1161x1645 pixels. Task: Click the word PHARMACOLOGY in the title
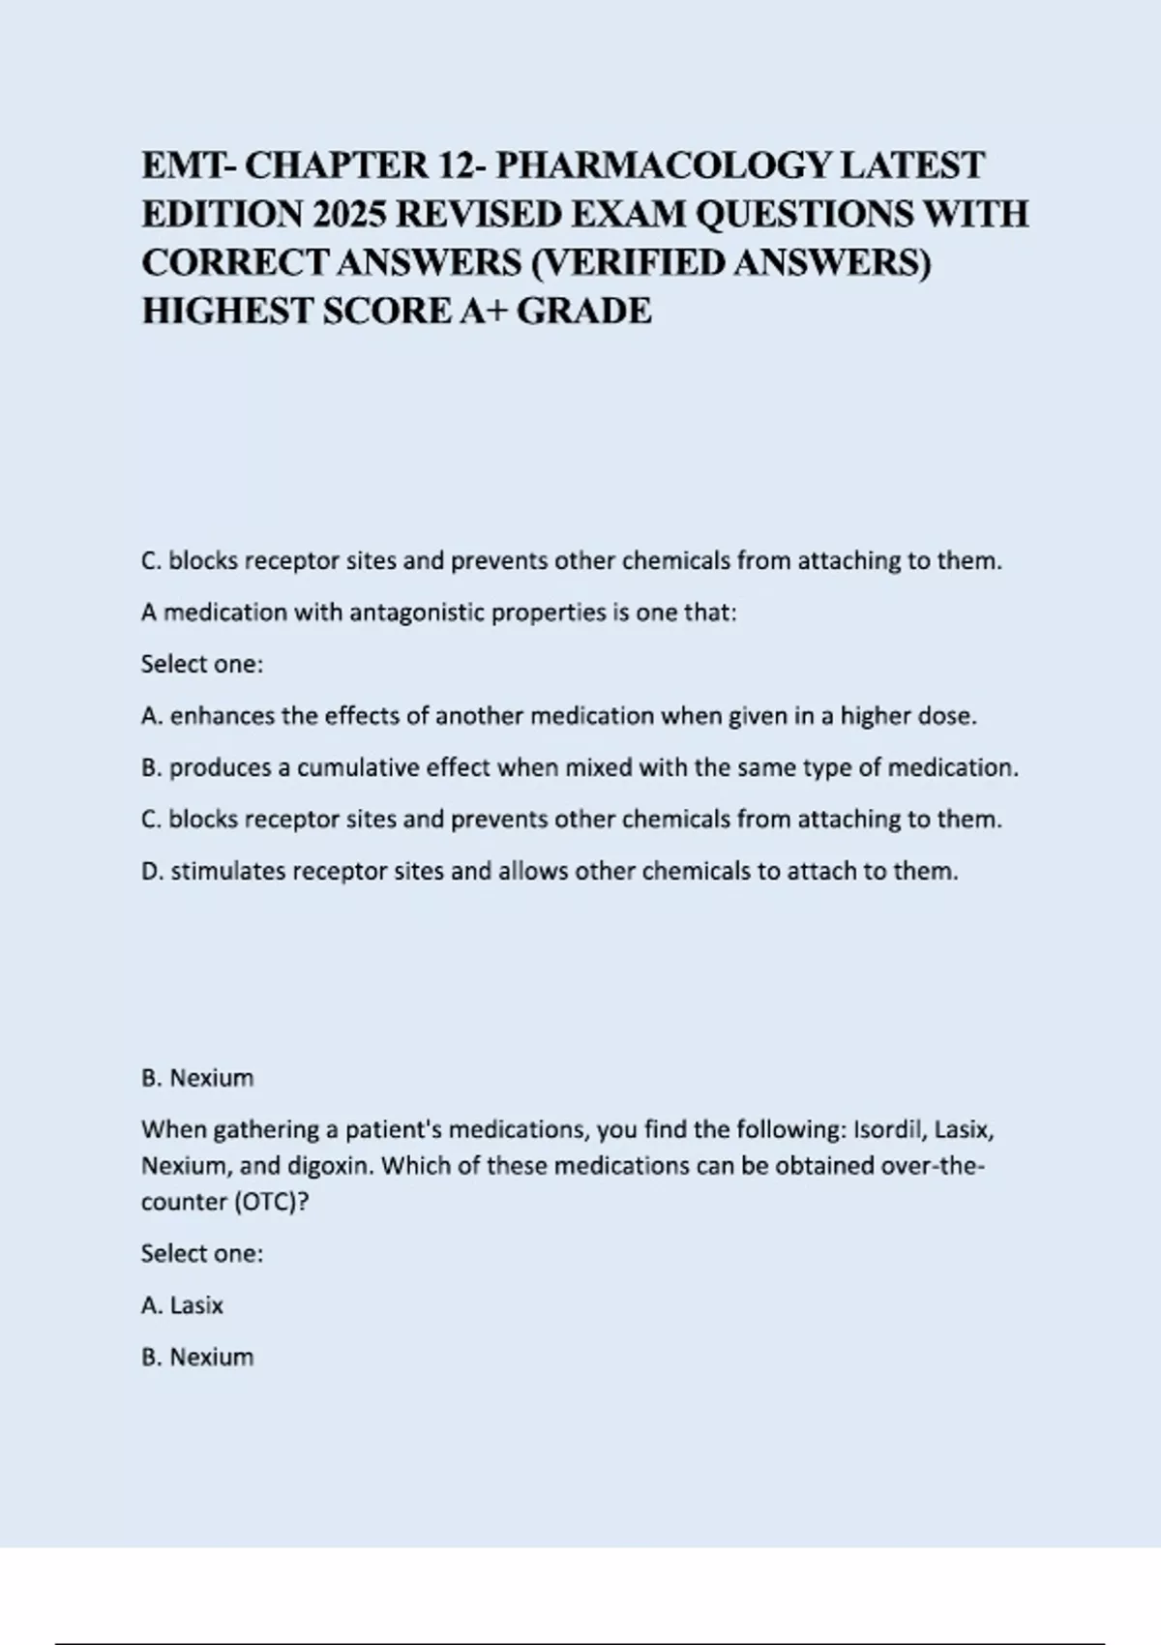pyautogui.click(x=663, y=165)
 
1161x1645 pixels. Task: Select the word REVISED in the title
pyautogui.click(x=478, y=214)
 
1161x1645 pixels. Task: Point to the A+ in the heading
pyautogui.click(x=483, y=311)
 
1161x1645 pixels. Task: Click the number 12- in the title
pyautogui.click(x=461, y=165)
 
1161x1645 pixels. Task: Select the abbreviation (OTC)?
pyautogui.click(x=270, y=1202)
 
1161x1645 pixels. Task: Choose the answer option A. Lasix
pyautogui.click(x=182, y=1305)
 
